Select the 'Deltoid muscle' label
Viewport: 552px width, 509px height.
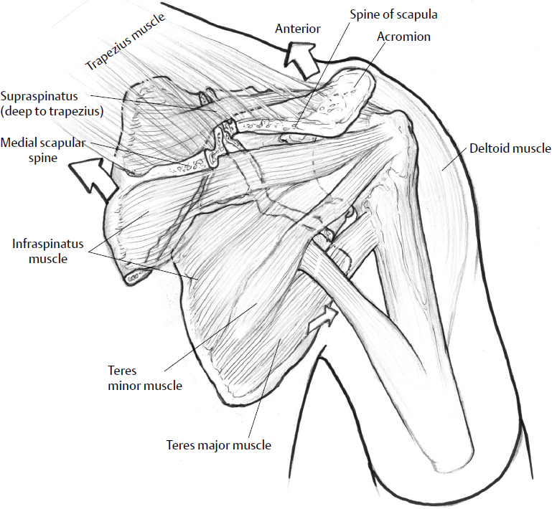[510, 149]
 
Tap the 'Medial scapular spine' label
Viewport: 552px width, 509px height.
[43, 150]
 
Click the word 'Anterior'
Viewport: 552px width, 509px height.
[297, 29]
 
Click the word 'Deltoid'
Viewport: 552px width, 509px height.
[490, 149]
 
